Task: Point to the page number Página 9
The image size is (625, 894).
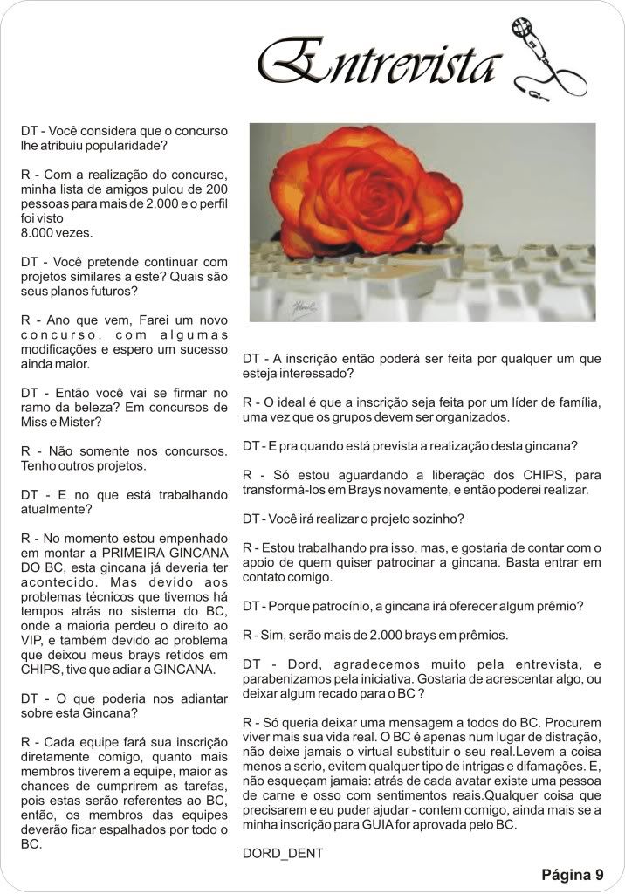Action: [572, 874]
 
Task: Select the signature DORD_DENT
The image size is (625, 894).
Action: [283, 853]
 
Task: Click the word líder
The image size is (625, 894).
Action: [525, 402]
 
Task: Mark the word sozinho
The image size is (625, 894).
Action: [438, 519]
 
